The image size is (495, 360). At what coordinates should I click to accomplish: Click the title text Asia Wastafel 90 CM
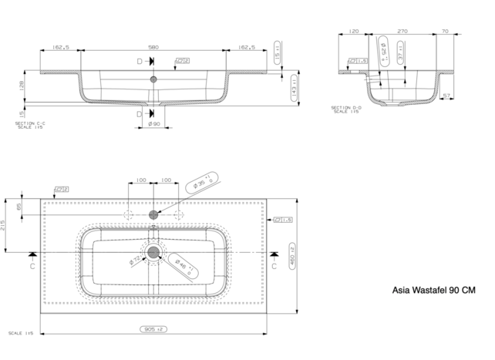click(434, 291)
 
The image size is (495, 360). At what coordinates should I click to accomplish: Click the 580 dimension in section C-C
click(154, 47)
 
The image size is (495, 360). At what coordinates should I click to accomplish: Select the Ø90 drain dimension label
click(154, 123)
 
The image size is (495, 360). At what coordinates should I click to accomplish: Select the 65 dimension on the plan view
click(20, 207)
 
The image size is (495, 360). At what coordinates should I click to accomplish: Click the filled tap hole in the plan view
click(154, 214)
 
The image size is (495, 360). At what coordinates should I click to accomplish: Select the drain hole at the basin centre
click(154, 251)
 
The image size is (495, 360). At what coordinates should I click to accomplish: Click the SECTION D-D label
click(345, 109)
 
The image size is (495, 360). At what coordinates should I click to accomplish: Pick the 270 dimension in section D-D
click(402, 32)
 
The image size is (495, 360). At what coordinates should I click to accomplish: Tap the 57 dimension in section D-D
click(448, 96)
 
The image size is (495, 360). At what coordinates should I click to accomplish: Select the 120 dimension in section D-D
click(354, 32)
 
